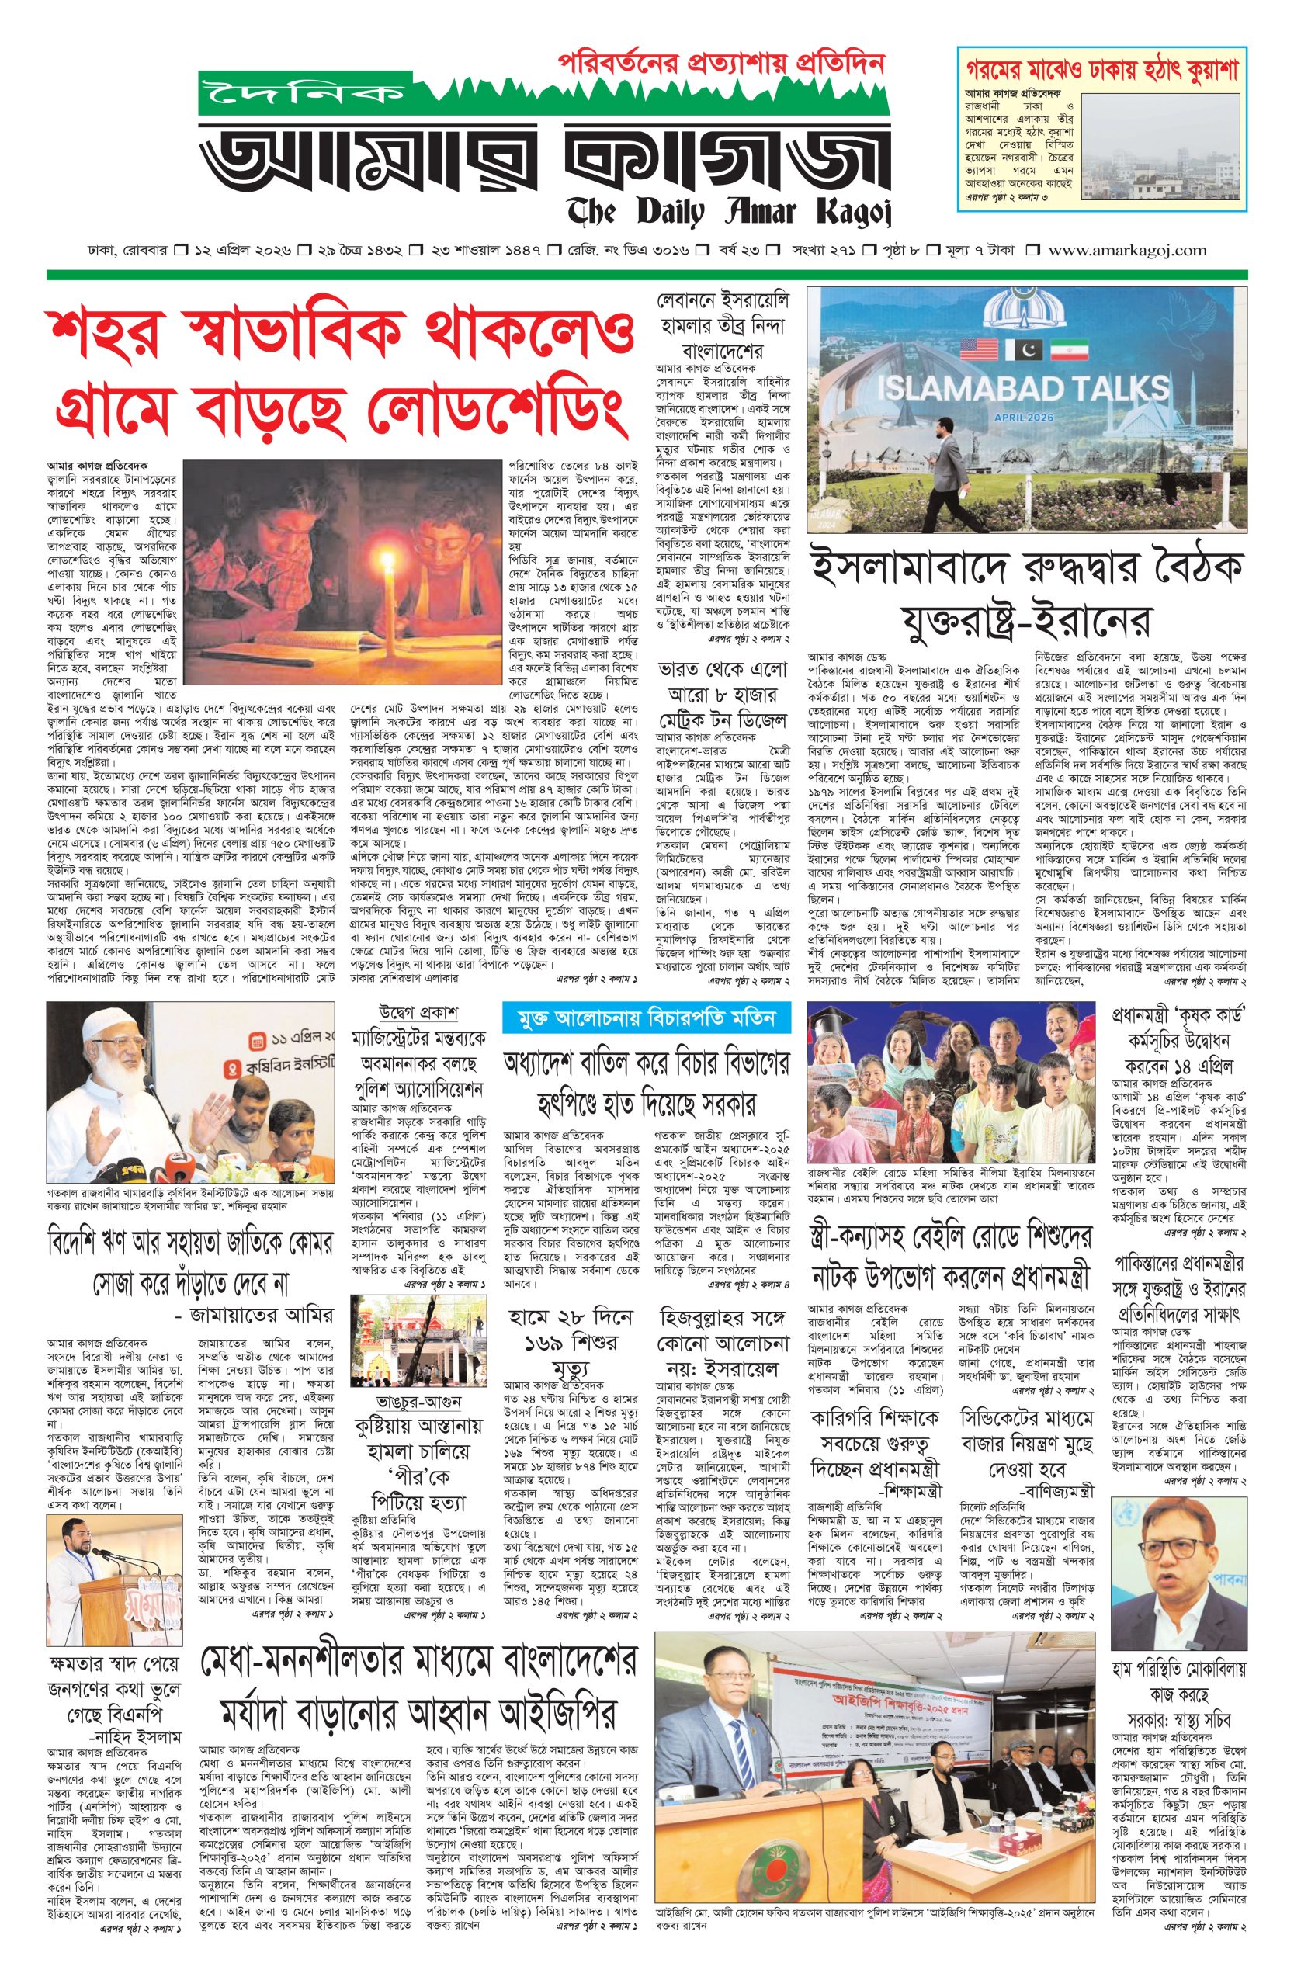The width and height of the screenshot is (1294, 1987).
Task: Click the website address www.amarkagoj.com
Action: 1128,250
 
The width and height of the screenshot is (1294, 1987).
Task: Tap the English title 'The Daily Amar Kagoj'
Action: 730,212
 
